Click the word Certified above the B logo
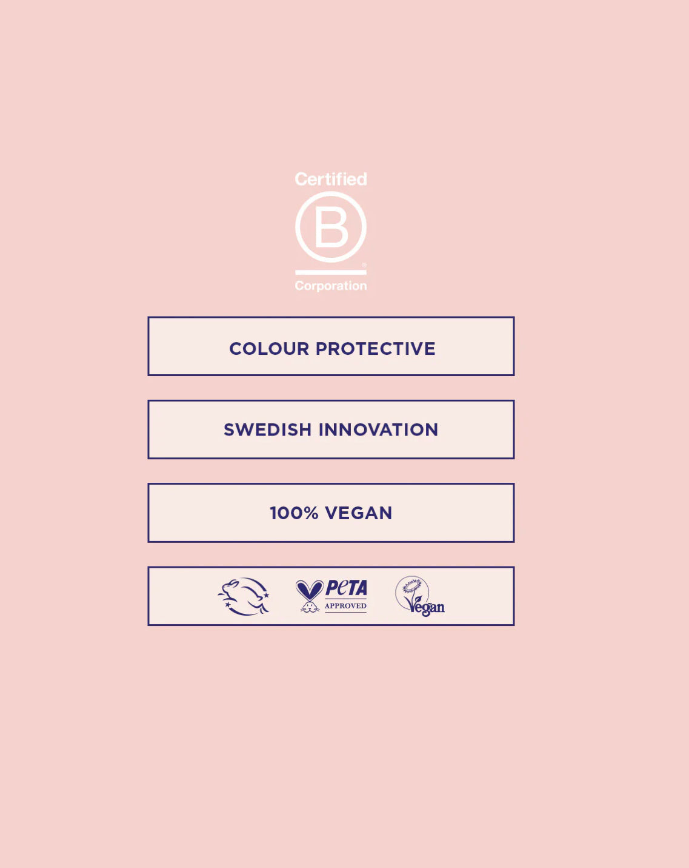click(331, 179)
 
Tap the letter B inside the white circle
click(331, 227)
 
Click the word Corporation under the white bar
click(331, 286)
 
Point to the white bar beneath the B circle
click(331, 272)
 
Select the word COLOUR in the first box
click(269, 349)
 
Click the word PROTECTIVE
click(376, 349)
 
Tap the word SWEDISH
click(268, 430)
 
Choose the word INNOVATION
click(378, 430)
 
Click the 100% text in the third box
click(294, 513)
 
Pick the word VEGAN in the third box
click(359, 513)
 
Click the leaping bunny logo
click(244, 596)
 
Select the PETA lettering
click(346, 588)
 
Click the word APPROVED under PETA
click(345, 606)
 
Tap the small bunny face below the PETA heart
click(310, 607)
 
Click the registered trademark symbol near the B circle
click(364, 265)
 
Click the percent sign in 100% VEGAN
click(311, 513)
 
